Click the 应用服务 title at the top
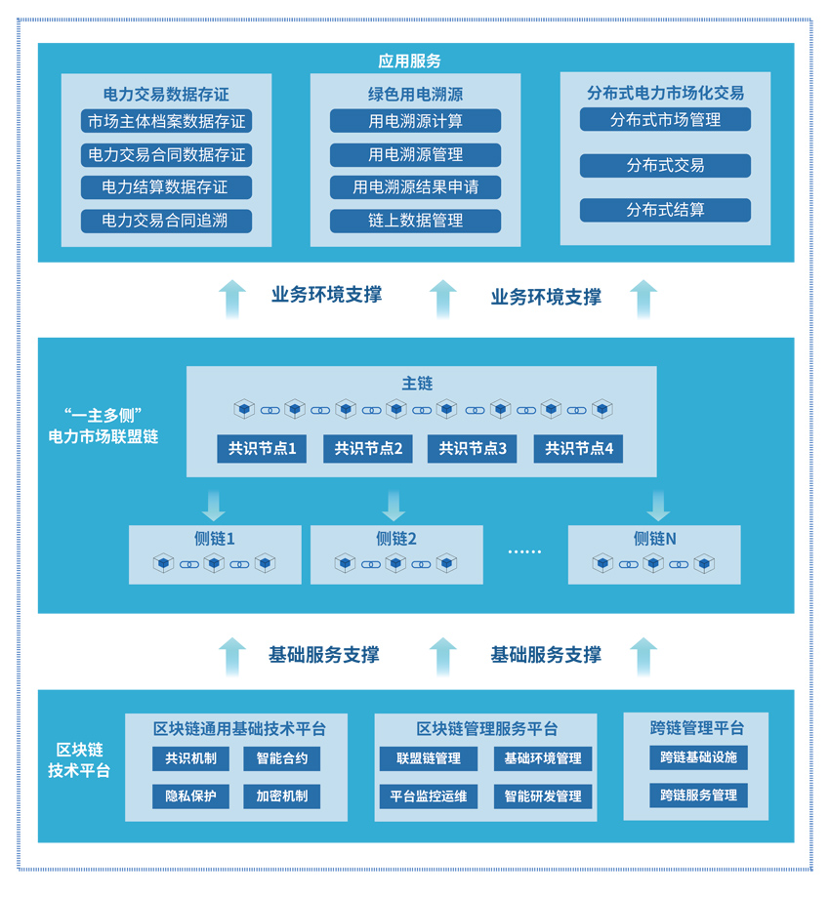(409, 61)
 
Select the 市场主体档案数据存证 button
(166, 122)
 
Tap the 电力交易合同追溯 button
(166, 221)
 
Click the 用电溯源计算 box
(415, 122)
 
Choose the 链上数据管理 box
(415, 221)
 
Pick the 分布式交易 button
(665, 166)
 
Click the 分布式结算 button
(665, 210)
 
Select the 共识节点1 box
(262, 449)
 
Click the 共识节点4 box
(578, 449)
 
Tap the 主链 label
(417, 384)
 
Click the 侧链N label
(655, 538)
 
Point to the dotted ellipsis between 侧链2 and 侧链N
(524, 552)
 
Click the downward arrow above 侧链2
(394, 505)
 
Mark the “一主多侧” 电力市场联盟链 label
(104, 425)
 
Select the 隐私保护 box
(190, 795)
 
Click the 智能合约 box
(281, 758)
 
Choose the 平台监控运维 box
(428, 795)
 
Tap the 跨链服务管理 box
(698, 795)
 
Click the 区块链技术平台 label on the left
(80, 759)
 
